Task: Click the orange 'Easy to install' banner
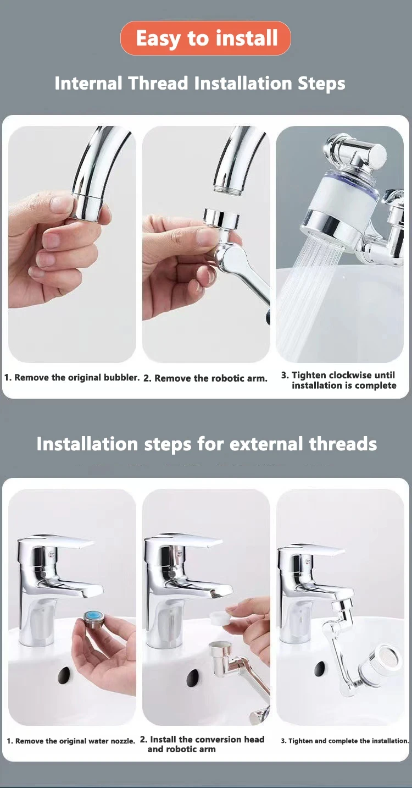[205, 38]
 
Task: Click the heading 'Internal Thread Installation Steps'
[199, 84]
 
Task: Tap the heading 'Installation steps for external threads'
[207, 444]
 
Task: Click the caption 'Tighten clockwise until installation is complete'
[338, 381]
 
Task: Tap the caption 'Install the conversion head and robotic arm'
[202, 745]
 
